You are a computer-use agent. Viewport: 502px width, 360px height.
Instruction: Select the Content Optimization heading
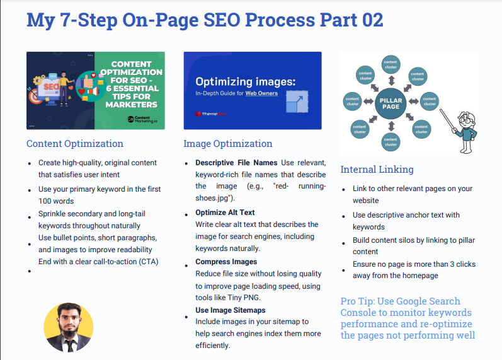74,144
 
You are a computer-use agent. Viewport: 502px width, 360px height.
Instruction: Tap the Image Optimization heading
227,144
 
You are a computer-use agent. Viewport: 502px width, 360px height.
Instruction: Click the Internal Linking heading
377,169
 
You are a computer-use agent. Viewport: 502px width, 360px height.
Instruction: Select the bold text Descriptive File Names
236,163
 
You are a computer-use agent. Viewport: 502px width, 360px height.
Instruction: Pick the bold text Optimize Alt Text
225,212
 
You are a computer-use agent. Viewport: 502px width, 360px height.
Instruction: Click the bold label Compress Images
226,262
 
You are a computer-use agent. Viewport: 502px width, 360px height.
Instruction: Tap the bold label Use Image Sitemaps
230,310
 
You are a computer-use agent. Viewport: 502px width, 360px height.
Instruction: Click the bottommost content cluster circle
391,141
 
